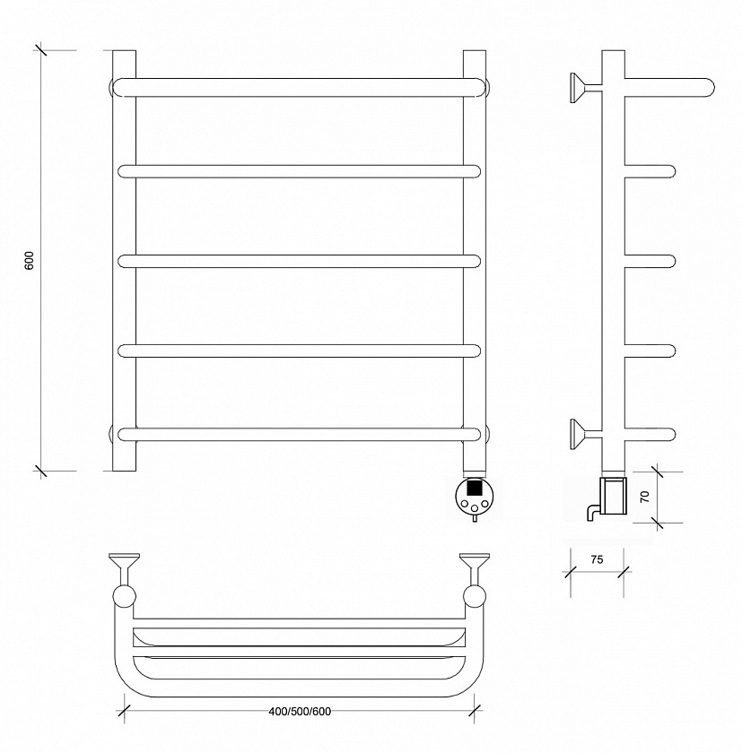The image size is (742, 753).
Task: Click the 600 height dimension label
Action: click(x=30, y=260)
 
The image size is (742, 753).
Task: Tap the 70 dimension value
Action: click(x=645, y=496)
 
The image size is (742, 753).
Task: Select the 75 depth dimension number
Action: click(x=597, y=559)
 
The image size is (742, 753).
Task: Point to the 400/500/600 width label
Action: click(x=300, y=712)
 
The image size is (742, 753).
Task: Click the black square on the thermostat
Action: click(x=475, y=488)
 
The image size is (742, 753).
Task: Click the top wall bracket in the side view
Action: click(x=585, y=88)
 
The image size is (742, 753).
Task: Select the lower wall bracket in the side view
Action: click(x=585, y=434)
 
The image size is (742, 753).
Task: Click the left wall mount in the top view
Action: click(x=125, y=569)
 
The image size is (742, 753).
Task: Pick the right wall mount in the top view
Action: click(x=475, y=569)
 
